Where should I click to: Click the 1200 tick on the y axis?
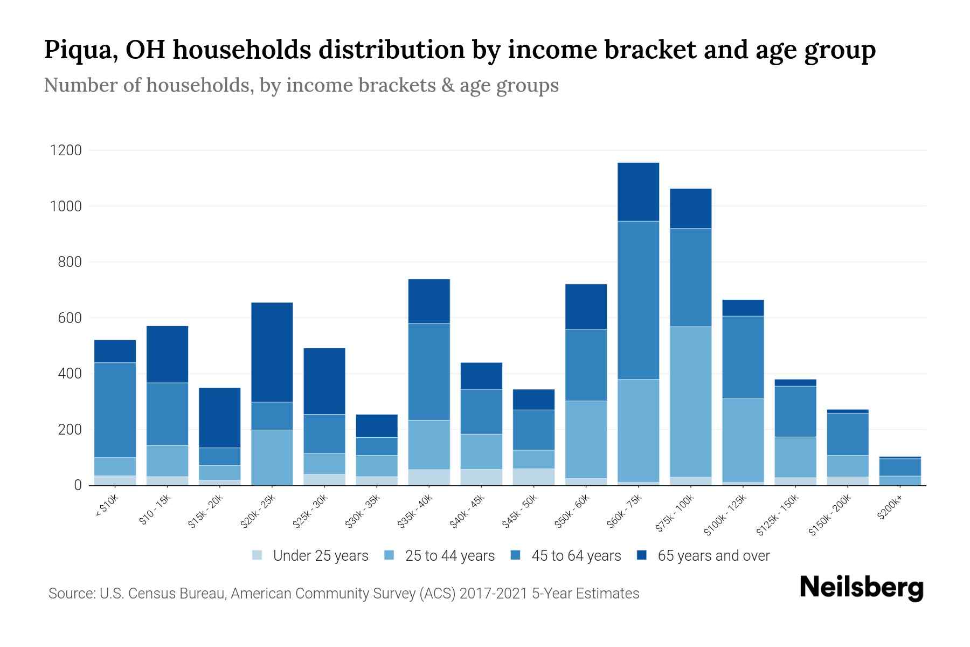pos(66,150)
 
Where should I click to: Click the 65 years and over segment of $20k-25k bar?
pos(272,352)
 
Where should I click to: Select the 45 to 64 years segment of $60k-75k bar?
pos(638,300)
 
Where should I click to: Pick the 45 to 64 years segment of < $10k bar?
pos(115,410)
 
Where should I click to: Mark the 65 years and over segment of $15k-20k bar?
pos(220,418)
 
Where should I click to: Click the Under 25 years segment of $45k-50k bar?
pos(533,477)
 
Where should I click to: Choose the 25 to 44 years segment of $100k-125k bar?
pos(743,440)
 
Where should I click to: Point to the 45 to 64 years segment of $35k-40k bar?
pos(429,371)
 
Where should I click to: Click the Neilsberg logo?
pos(861,588)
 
